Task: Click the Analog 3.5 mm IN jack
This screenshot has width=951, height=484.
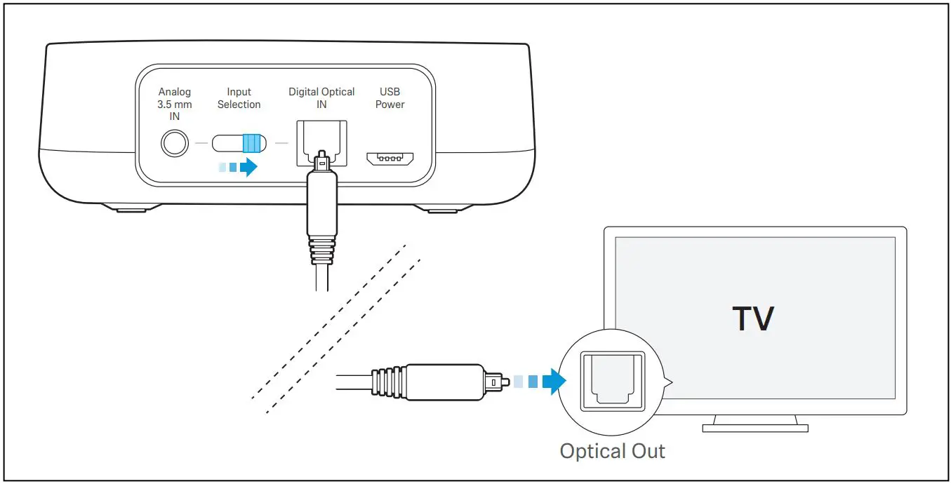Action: pos(175,144)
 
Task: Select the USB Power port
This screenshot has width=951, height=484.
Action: pos(390,158)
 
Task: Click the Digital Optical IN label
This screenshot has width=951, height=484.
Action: pos(321,98)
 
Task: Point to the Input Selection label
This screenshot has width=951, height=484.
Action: pos(239,98)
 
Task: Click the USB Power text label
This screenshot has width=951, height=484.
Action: pos(390,98)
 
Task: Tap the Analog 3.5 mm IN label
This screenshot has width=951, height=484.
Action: pos(175,104)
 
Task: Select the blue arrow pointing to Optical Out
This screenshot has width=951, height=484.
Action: pos(555,382)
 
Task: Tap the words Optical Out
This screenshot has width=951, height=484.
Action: pos(612,450)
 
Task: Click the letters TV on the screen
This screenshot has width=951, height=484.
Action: pos(753,319)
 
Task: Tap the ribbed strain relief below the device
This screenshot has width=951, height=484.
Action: pos(321,249)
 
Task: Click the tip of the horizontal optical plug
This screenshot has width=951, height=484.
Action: pos(496,382)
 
